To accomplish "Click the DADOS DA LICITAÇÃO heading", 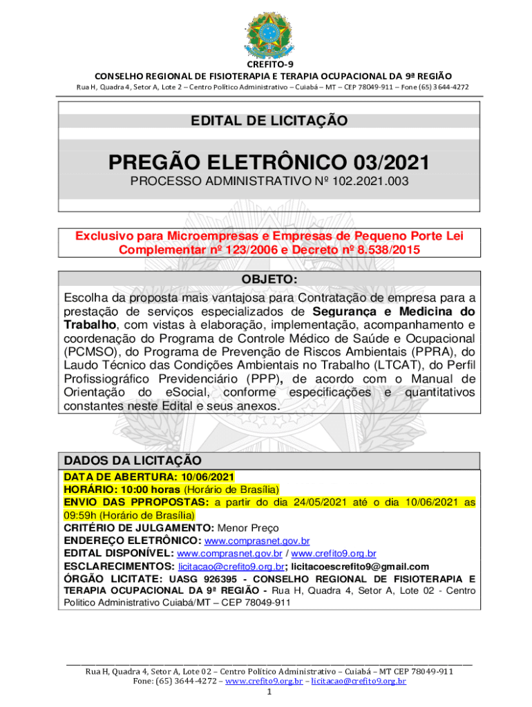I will (x=133, y=461).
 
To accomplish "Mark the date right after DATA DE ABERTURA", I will (x=208, y=477).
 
